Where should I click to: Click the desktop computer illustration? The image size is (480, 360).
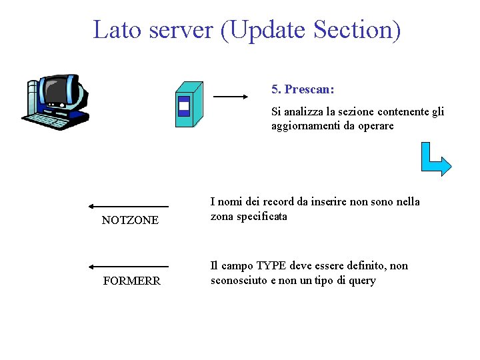tap(56, 102)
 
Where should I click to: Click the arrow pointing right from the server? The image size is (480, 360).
tap(230, 97)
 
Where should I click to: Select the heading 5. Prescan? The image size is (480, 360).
tap(303, 89)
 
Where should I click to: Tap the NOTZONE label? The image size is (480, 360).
tap(130, 221)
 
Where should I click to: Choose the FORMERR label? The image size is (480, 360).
tap(131, 281)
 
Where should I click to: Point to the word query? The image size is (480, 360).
tap(362, 281)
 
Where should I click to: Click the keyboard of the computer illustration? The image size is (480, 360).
tap(52, 120)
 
